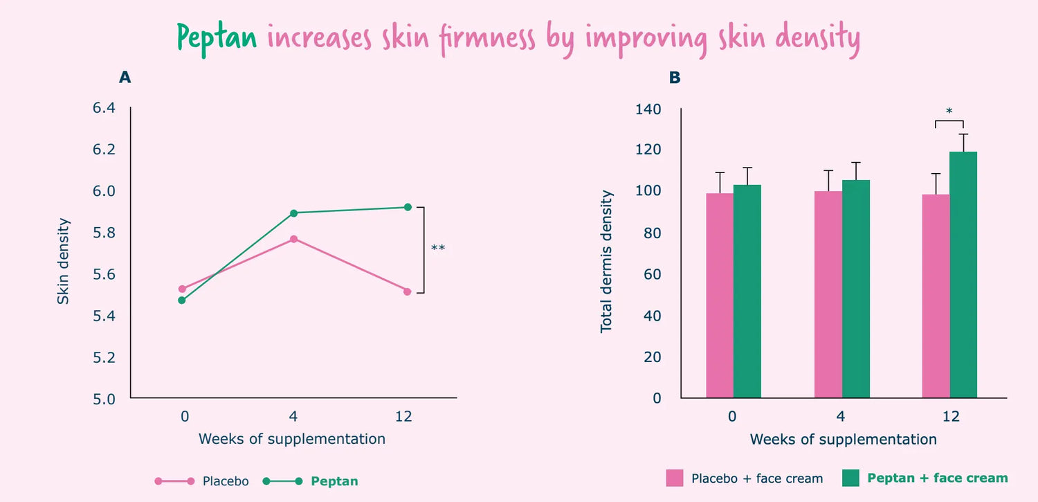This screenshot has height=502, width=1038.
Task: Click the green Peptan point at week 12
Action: point(408,207)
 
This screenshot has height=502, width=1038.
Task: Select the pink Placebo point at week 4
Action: point(294,239)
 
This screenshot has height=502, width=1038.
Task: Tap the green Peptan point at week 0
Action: point(182,300)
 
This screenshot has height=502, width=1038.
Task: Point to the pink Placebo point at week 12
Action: point(408,292)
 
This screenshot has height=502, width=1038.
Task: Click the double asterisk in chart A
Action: point(438,249)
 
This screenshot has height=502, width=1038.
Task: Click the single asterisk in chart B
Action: point(949,111)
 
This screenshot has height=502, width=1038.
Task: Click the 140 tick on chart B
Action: point(648,109)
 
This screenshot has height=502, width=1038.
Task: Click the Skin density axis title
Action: point(64,261)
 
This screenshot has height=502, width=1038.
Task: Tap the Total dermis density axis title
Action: point(607,261)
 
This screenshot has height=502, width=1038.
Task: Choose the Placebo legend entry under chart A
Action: point(226,481)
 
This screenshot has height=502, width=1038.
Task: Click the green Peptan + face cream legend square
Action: point(850,478)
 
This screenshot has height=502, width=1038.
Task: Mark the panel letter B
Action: point(675,78)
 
